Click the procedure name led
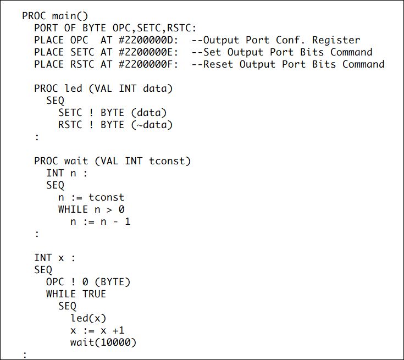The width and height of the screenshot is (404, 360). pos(73,88)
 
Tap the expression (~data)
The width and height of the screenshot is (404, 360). pos(152,125)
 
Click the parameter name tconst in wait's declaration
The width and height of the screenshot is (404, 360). pos(173,161)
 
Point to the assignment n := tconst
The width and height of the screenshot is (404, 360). pos(91,197)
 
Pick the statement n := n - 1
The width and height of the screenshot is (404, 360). pos(100,221)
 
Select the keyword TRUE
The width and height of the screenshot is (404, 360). pos(94,294)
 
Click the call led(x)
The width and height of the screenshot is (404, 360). pos(88,318)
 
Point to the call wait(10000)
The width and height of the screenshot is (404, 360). pos(103,342)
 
